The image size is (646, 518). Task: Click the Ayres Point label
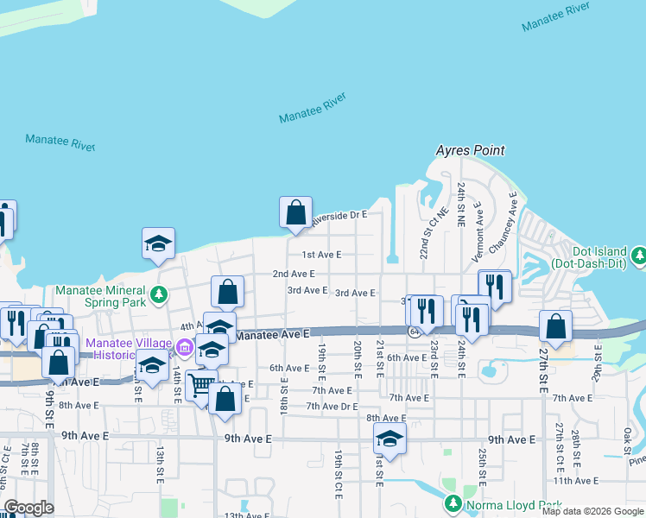point(470,150)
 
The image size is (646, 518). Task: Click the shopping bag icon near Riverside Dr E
point(295,212)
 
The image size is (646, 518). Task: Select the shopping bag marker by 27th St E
point(555,325)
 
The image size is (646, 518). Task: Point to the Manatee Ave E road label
point(272,334)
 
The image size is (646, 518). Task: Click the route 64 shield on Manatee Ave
point(415,331)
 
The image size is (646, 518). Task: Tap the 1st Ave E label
point(321,255)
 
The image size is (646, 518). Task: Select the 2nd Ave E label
point(293,274)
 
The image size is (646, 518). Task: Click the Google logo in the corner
point(28,508)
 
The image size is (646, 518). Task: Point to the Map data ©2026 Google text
point(592,511)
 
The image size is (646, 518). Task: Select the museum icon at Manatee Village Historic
point(183,348)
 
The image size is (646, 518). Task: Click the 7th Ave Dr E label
point(332,406)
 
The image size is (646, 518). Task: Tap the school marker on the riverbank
point(159,243)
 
